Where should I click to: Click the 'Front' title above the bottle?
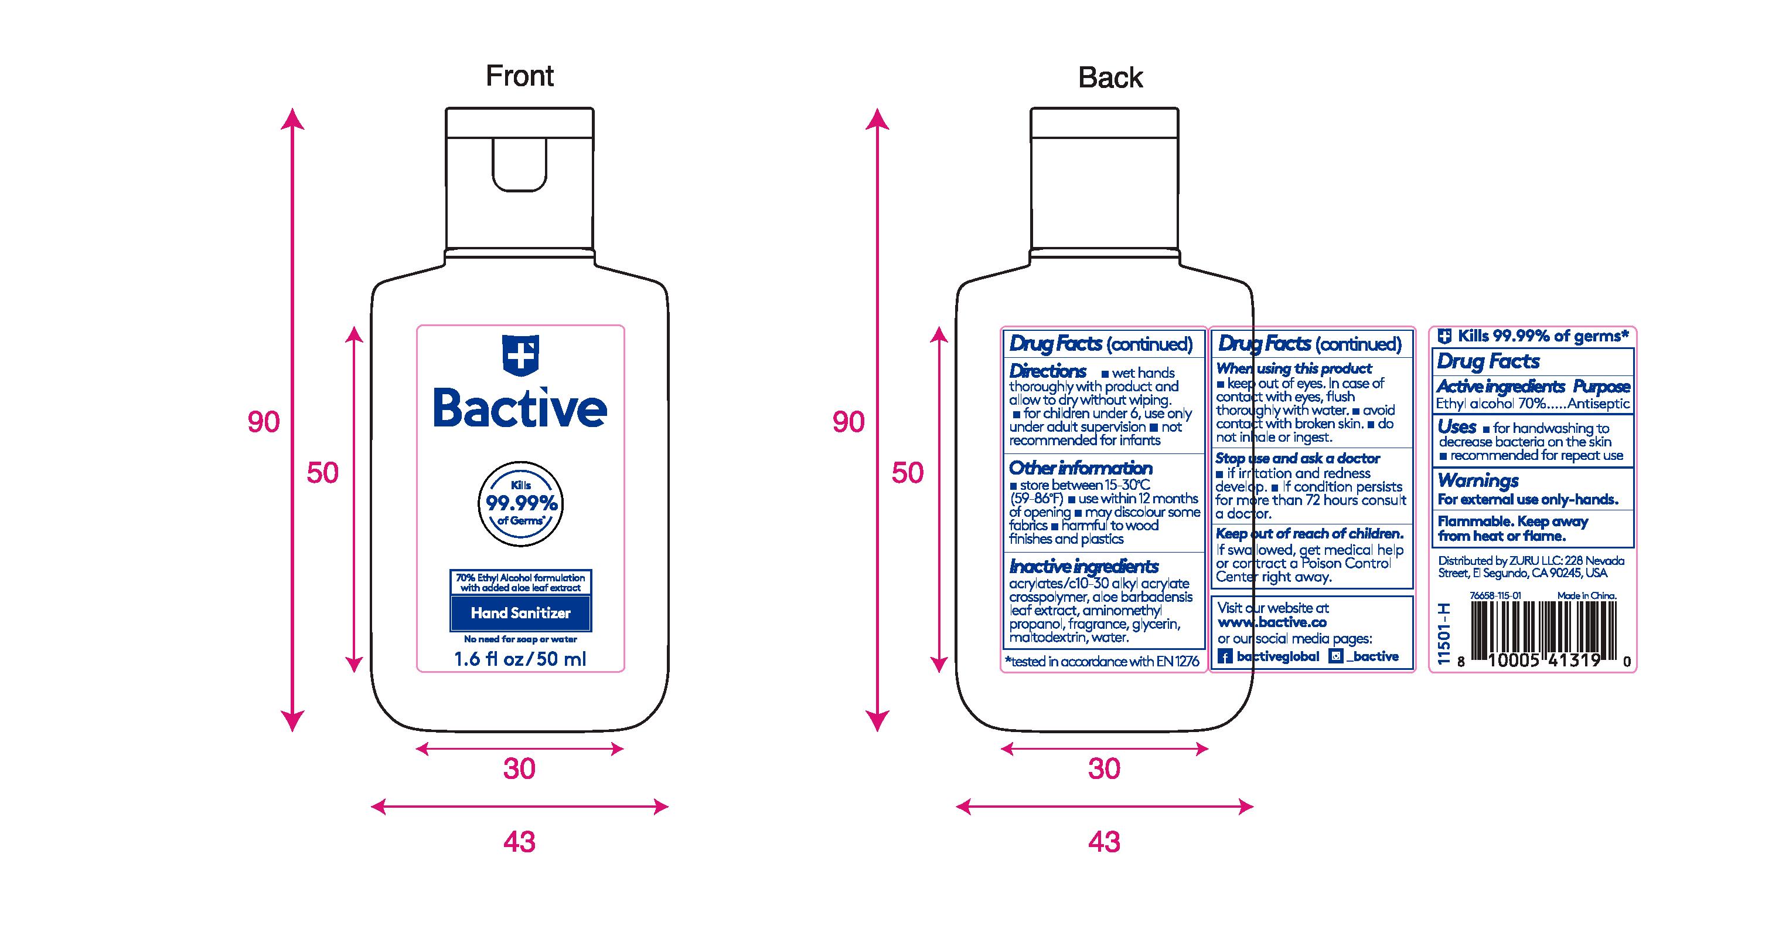[519, 76]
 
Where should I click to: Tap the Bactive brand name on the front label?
[520, 408]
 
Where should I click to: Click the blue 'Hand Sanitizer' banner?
[521, 612]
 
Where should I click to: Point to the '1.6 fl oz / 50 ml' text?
[520, 659]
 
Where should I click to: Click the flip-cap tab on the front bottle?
[520, 163]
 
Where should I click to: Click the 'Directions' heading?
[1048, 371]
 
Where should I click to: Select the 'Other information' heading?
[1081, 468]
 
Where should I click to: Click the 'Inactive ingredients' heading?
[1084, 567]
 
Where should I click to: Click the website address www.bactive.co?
[1272, 623]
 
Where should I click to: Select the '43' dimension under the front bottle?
[519, 841]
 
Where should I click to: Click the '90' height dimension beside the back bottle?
[848, 422]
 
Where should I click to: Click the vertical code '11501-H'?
[1444, 634]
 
